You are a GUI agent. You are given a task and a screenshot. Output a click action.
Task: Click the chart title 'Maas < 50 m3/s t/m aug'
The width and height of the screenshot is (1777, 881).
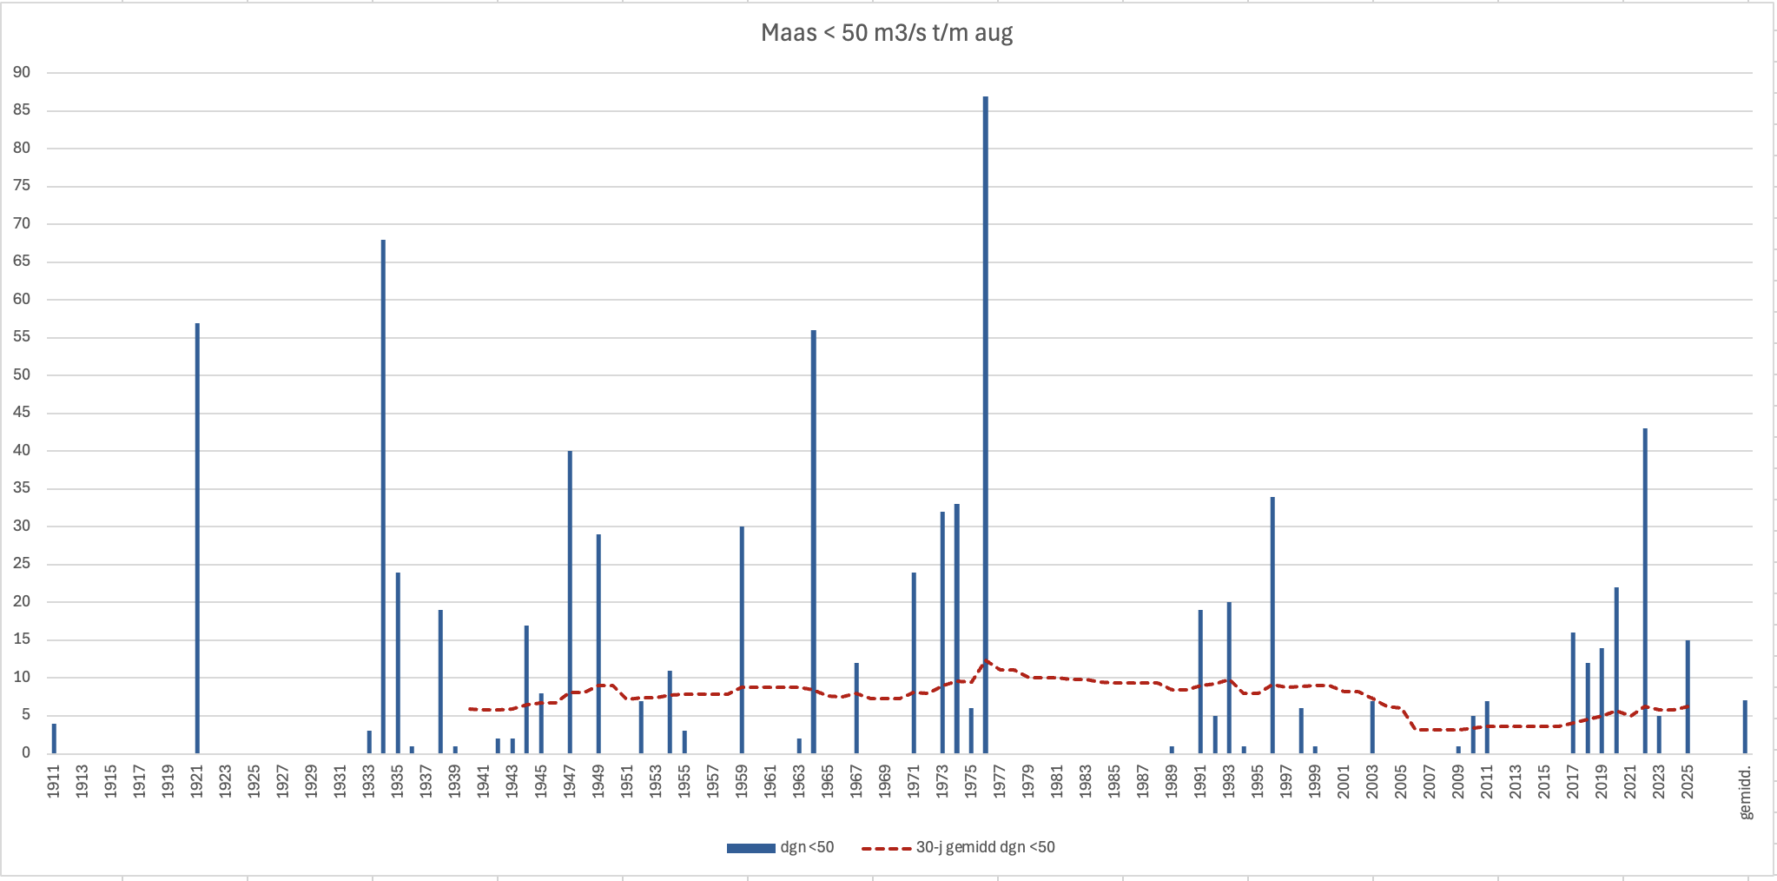pos(887,33)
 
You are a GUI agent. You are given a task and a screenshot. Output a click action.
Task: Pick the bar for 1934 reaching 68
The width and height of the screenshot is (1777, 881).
pos(383,495)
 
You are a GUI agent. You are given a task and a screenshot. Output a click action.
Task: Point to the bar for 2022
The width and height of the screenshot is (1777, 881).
pos(1645,591)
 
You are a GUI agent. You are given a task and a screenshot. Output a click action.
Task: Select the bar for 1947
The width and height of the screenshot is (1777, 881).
pos(570,601)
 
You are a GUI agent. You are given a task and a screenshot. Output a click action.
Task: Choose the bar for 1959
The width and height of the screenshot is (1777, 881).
pos(742,639)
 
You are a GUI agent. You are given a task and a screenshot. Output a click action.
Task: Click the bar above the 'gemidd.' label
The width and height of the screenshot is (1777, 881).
pos(1745,726)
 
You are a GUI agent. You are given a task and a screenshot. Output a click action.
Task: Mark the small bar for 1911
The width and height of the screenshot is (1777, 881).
pos(54,738)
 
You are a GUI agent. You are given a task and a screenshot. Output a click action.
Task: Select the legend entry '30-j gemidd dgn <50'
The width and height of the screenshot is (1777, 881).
pos(959,847)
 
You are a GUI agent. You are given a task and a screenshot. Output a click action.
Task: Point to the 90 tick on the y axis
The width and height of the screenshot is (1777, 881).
pos(22,73)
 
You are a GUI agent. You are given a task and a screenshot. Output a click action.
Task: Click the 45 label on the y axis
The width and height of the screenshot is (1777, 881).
pos(22,413)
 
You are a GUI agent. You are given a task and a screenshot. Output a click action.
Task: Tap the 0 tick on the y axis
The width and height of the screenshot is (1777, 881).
pos(26,752)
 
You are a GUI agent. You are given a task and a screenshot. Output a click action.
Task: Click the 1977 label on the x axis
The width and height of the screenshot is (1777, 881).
pos(1000,780)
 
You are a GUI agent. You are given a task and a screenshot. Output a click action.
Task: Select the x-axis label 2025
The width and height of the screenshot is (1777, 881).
pos(1688,780)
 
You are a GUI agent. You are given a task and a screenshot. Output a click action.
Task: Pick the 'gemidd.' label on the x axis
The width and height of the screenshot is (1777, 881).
pos(1745,792)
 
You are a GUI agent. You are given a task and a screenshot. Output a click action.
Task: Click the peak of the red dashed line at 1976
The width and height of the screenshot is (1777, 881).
pos(986,661)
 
